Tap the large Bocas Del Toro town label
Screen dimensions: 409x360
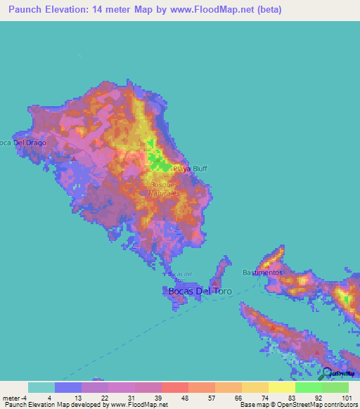click(200, 290)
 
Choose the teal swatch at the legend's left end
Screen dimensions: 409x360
click(41, 387)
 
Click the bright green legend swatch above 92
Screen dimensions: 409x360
click(308, 387)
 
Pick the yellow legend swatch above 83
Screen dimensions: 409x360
click(281, 387)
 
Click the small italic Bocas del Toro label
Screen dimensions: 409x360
click(181, 275)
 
